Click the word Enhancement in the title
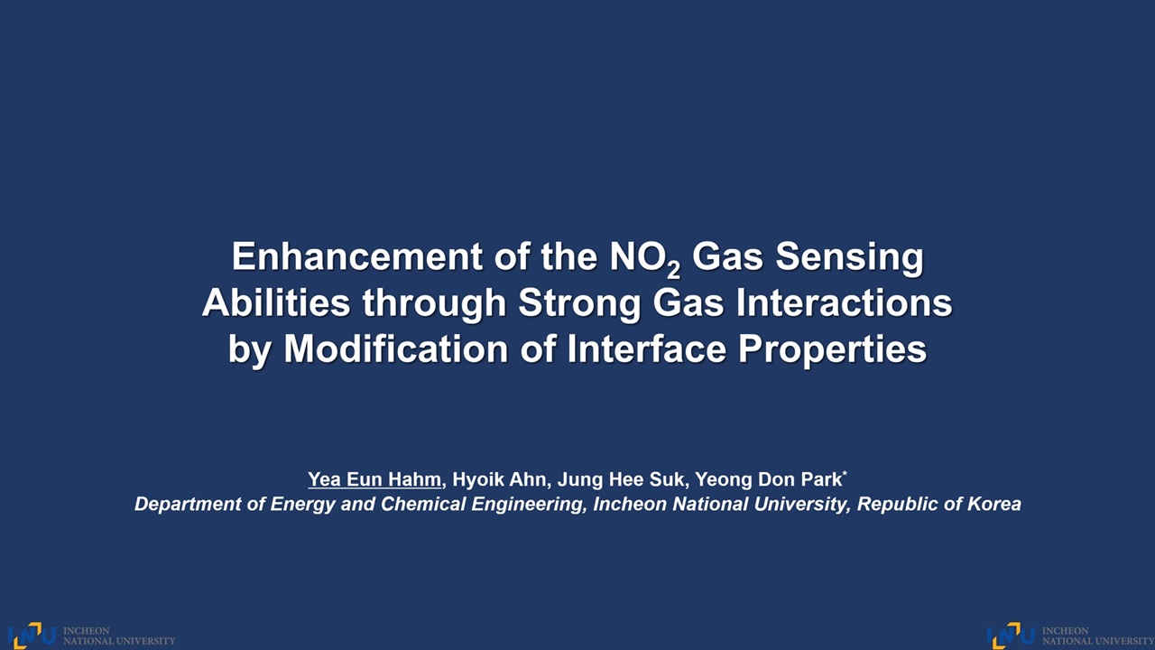click(x=356, y=256)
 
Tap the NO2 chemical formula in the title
click(x=645, y=259)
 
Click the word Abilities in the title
click(x=276, y=302)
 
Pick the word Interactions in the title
click(x=844, y=302)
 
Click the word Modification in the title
click(x=396, y=349)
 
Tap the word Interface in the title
click(x=647, y=349)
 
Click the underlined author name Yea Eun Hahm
click(x=374, y=479)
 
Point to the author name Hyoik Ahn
click(x=499, y=479)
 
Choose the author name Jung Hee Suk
click(x=622, y=479)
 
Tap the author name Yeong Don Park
click(x=768, y=479)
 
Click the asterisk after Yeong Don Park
click(x=845, y=472)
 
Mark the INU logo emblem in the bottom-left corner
click(x=32, y=636)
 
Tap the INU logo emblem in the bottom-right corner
click(x=1012, y=636)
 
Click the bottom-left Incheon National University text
click(x=119, y=636)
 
